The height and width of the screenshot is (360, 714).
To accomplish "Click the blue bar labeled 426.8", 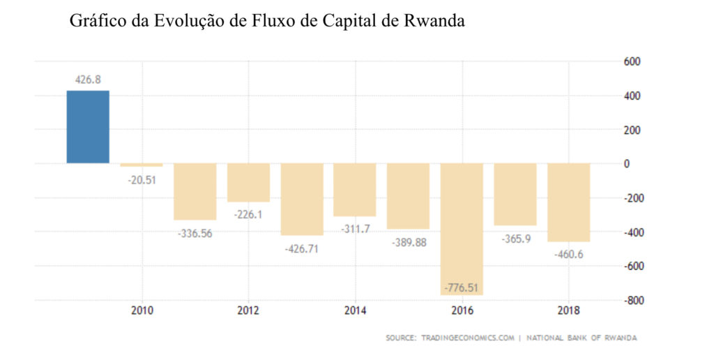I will pos(88,127).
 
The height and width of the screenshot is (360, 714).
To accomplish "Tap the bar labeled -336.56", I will pos(195,191).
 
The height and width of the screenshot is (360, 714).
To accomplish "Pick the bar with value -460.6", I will pos(568,202).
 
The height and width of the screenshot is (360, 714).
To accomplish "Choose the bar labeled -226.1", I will pos(248,182).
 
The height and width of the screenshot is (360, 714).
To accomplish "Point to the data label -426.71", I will pos(302,248).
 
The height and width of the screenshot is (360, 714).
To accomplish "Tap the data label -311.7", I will pos(356,228).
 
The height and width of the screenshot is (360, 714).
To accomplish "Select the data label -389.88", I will pos(409,241).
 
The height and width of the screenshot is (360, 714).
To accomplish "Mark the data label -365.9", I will pos(516,238).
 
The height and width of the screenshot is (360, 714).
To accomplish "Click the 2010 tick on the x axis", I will pos(141,310).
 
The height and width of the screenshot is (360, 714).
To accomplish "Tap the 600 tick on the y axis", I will pos(632,61).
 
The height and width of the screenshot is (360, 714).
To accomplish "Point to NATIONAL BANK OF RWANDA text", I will pos(582,338).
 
